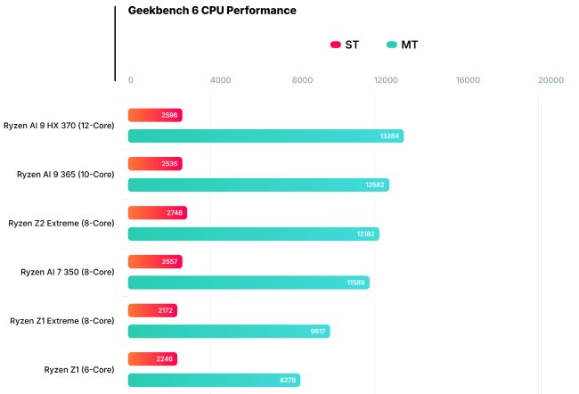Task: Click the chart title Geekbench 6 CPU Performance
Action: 212,11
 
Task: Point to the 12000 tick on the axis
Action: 386,80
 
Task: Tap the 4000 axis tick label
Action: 220,80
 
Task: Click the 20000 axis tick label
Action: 550,80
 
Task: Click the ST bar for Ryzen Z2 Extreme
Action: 157,213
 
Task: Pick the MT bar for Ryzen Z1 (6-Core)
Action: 214,380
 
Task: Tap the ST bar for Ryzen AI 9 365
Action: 155,164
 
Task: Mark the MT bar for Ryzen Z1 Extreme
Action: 229,331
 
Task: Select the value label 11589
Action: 355,283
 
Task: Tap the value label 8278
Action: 287,380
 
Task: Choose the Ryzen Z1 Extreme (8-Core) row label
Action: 61,320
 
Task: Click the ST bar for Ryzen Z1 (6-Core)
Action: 152,359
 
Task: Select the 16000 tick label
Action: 468,80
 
